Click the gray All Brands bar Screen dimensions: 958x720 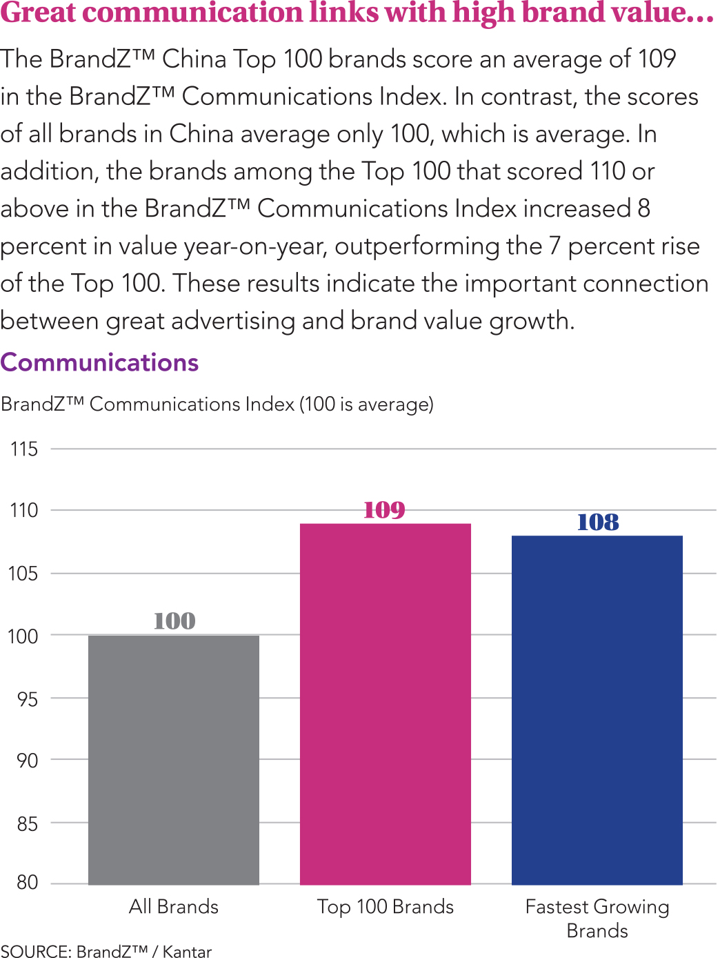pos(174,759)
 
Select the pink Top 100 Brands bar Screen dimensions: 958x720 pos(385,704)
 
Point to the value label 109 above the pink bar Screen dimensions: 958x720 pos(384,510)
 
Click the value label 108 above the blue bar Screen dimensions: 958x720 pos(598,522)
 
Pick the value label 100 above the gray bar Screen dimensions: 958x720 pos(174,621)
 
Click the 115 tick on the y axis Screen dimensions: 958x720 pos(24,449)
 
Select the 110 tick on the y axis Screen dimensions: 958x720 pos(24,511)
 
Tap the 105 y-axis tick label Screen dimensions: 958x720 pos(23,574)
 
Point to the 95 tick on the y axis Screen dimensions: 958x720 pos(27,699)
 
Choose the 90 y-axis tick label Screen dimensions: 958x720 pos(27,761)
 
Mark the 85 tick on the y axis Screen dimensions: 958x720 pos(27,823)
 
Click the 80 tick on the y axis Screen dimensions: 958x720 pos(27,882)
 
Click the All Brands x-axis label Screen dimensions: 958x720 pos(174,906)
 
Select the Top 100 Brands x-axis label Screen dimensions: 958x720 pos(385,906)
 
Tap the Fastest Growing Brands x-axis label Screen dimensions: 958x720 pos(597,918)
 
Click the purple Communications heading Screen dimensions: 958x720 pos(99,362)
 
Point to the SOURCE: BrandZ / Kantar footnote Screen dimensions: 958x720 pos(106,951)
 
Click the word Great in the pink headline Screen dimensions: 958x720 pos(38,13)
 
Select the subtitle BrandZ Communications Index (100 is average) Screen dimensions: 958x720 pos(217,404)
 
